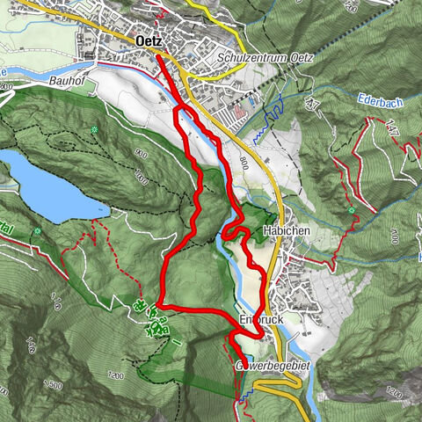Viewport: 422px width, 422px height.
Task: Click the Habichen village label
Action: pos(283,232)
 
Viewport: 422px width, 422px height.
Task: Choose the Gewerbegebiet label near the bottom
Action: pos(269,365)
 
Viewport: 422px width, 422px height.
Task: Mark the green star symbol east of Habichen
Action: pos(352,211)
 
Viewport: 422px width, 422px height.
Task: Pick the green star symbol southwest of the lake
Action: pos(38,232)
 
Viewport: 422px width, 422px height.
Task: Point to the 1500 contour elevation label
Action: pos(52,385)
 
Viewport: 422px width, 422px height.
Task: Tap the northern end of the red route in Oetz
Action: pos(159,55)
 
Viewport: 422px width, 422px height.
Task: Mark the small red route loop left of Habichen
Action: pos(231,232)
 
